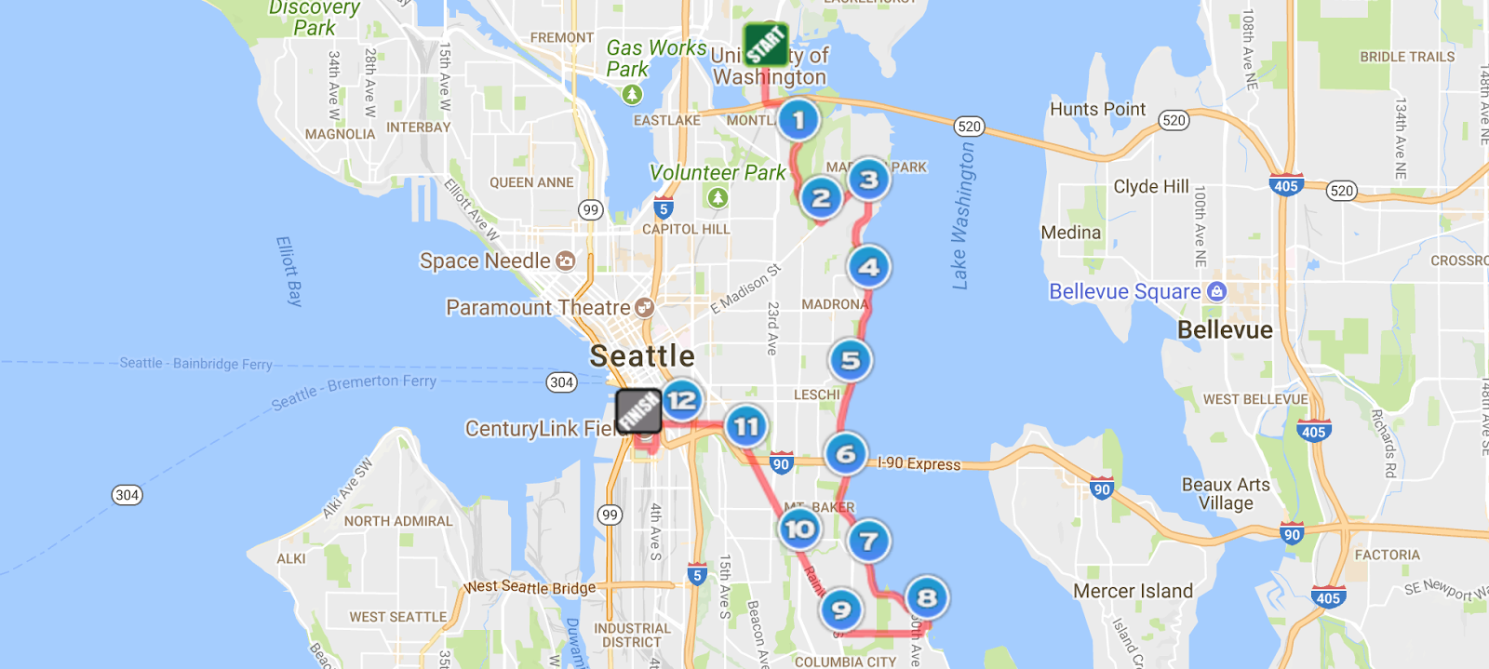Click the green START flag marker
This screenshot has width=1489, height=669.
coord(766,44)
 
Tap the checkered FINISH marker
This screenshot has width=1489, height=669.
coord(638,410)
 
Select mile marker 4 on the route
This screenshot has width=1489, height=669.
coord(868,267)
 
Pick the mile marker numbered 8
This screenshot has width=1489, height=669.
coord(926,597)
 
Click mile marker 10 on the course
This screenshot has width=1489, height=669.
coord(799,529)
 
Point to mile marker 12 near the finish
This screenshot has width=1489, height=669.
coord(681,400)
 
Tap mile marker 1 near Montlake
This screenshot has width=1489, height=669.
coord(798,120)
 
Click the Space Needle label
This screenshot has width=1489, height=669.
coord(485,261)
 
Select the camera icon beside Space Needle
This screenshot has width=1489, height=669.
coord(565,261)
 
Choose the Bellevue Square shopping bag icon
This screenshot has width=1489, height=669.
coord(1216,291)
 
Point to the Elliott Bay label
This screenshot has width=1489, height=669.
coord(289,271)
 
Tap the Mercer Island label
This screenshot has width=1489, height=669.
coord(1133,592)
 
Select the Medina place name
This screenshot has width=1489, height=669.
coord(1070,233)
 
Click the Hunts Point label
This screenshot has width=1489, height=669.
coord(1097,109)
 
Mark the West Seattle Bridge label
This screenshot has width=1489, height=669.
coord(530,587)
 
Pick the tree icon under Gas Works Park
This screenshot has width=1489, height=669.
coord(632,94)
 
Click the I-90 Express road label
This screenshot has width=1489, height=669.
coord(919,463)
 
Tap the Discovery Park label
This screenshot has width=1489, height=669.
coord(314,18)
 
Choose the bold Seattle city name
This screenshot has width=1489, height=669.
coord(642,355)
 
